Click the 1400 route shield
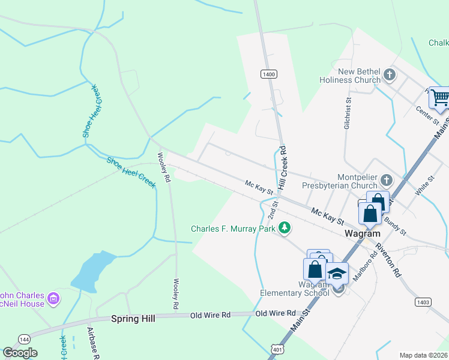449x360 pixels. [268, 74]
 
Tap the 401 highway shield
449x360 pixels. [276, 349]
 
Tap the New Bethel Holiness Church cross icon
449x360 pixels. [390, 75]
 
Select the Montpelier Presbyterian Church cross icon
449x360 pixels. [387, 179]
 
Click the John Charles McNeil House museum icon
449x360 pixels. [53, 298]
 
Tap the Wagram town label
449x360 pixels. [360, 233]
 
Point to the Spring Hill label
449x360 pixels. [133, 319]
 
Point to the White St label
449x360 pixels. [424, 185]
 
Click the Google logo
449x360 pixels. [20, 352]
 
